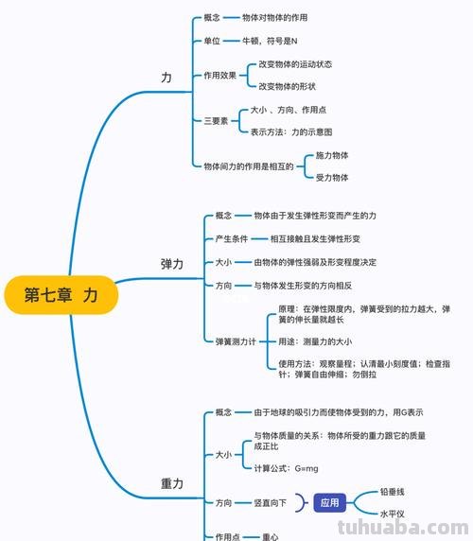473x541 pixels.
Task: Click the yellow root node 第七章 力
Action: click(x=61, y=295)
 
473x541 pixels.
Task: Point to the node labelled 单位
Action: click(x=212, y=42)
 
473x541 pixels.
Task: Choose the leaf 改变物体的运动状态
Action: click(x=295, y=64)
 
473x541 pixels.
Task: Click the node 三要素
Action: click(x=216, y=121)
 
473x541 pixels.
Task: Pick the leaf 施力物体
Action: click(x=332, y=154)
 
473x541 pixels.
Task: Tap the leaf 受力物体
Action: click(x=332, y=177)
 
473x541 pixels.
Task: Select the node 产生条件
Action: click(x=231, y=238)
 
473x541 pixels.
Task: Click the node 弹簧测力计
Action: click(x=236, y=340)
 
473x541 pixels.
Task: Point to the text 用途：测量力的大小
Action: click(x=315, y=340)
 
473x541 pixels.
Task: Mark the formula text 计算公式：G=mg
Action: click(x=287, y=468)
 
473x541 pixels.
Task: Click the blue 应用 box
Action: click(x=329, y=503)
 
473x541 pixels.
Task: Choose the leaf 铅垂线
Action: click(x=393, y=492)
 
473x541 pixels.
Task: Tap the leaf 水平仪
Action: click(x=393, y=515)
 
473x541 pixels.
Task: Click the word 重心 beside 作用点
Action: click(x=271, y=536)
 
